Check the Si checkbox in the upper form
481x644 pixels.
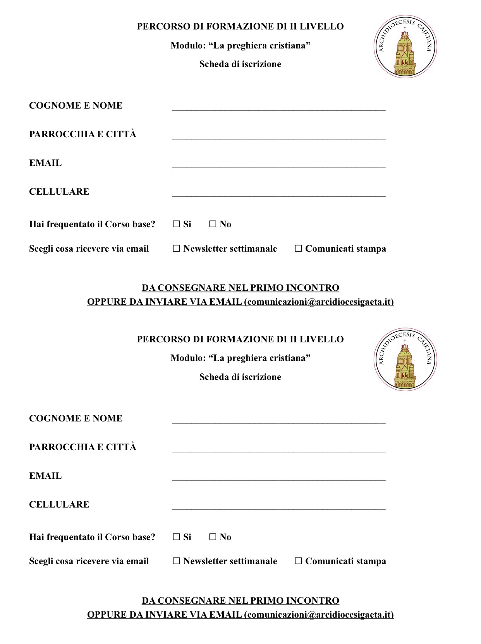[x=176, y=224]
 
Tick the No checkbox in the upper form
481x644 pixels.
[x=213, y=224]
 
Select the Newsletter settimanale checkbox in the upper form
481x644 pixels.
[x=176, y=249]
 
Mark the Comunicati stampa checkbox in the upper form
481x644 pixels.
[x=298, y=249]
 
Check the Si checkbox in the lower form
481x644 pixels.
[x=176, y=537]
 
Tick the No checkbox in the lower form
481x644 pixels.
[x=213, y=537]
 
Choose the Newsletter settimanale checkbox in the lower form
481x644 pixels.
[x=176, y=561]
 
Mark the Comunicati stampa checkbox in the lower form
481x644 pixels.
[x=298, y=561]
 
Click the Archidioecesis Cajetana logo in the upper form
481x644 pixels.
[x=405, y=47]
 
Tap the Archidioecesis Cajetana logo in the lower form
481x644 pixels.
[x=405, y=359]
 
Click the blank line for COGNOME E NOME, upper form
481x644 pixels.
[x=278, y=109]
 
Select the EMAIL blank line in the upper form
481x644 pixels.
[x=278, y=166]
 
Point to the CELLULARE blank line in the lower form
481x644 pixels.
[x=278, y=508]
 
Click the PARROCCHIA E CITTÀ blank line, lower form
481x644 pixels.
[x=278, y=450]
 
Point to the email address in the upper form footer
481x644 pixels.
[x=319, y=302]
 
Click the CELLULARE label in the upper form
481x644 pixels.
[x=59, y=192]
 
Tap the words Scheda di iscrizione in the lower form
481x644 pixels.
[x=240, y=377]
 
